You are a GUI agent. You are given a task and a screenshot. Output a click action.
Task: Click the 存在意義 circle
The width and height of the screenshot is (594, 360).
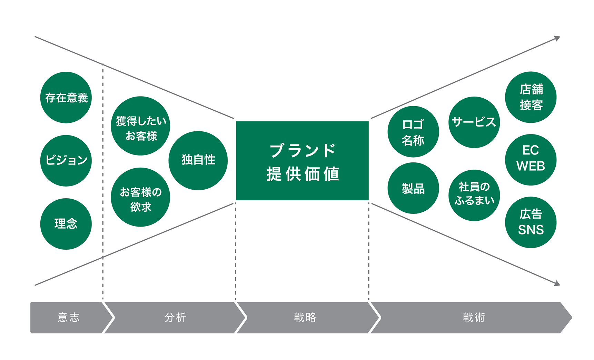(66, 98)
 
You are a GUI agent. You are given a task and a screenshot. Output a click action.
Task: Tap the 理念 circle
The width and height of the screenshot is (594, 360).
(66, 224)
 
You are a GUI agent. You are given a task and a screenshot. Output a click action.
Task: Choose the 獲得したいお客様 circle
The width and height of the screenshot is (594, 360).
(140, 126)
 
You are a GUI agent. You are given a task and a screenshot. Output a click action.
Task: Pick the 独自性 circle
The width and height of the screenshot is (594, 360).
(198, 160)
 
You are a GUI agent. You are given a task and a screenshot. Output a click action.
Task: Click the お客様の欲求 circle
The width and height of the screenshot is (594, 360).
(140, 197)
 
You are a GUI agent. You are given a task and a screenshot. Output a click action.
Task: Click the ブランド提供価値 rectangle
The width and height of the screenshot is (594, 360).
(302, 161)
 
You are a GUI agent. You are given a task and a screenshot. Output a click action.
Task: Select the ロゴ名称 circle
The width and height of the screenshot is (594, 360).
(413, 132)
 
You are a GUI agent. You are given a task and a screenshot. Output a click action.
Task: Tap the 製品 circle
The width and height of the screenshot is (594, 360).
(413, 188)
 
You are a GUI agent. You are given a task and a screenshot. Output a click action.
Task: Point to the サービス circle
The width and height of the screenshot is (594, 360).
(474, 122)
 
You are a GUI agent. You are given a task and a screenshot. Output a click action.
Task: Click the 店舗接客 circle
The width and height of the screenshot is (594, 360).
(531, 97)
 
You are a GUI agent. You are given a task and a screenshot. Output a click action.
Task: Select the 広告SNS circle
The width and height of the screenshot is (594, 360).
(531, 222)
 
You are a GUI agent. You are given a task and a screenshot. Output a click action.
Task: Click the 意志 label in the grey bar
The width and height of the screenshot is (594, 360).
(69, 317)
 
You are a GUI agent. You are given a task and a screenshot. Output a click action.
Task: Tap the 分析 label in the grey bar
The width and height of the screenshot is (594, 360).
(175, 317)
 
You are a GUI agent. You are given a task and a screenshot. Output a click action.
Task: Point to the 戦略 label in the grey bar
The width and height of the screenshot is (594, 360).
(305, 317)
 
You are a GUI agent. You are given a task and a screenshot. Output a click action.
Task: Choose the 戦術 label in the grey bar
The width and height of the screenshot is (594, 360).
(474, 317)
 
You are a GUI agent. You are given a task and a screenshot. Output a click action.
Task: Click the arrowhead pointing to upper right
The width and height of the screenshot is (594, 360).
(557, 38)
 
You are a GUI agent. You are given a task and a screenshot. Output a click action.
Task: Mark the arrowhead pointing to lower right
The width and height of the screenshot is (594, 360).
(557, 283)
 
